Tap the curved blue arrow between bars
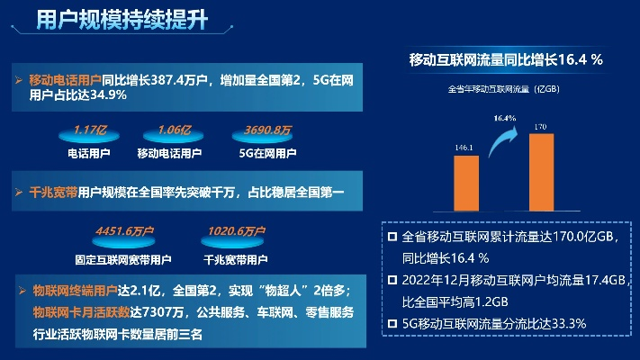503,143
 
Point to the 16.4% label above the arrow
504,118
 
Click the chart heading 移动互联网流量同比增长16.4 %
505,59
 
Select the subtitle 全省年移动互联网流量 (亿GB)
504,89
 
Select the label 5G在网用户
267,154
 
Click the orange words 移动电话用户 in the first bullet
65,80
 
